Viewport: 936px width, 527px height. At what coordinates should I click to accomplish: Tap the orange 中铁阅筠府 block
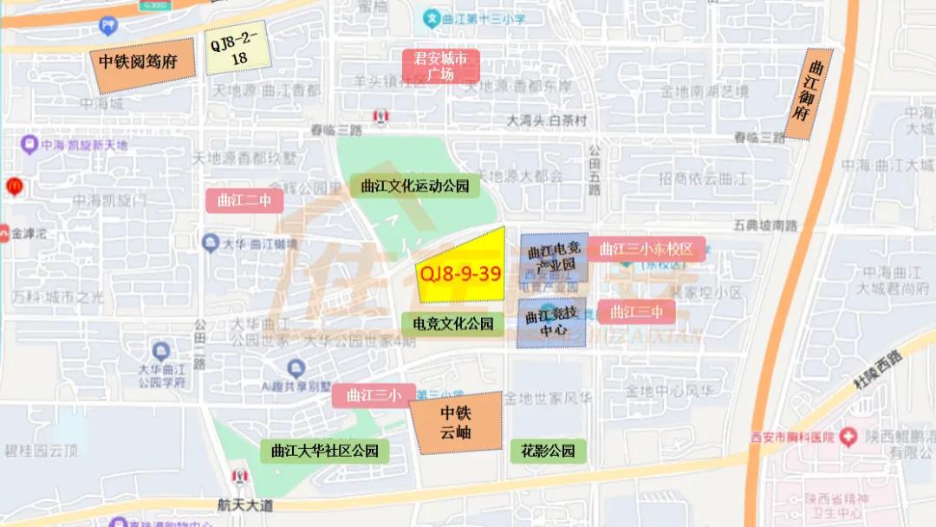click(x=140, y=63)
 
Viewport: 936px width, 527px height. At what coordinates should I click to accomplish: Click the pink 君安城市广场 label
click(x=440, y=66)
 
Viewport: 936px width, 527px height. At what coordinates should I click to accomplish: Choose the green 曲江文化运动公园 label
click(x=415, y=185)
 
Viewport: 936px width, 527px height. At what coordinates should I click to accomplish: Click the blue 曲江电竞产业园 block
click(x=554, y=257)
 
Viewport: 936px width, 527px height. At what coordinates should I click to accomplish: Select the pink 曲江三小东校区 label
click(x=647, y=250)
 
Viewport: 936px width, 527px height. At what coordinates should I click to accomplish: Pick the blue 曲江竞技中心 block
click(x=553, y=322)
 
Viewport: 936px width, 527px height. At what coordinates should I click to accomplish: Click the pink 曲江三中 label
click(x=636, y=311)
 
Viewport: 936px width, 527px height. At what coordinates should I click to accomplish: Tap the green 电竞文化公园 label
click(x=453, y=324)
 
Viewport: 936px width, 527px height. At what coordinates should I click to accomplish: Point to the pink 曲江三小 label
click(x=374, y=395)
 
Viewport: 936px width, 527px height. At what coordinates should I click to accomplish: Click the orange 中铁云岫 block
click(x=457, y=422)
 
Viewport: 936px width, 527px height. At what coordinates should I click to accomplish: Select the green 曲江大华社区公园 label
click(x=325, y=451)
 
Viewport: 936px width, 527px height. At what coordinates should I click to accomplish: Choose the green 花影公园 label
click(x=548, y=451)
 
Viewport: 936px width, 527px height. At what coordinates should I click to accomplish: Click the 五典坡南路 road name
click(x=764, y=225)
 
